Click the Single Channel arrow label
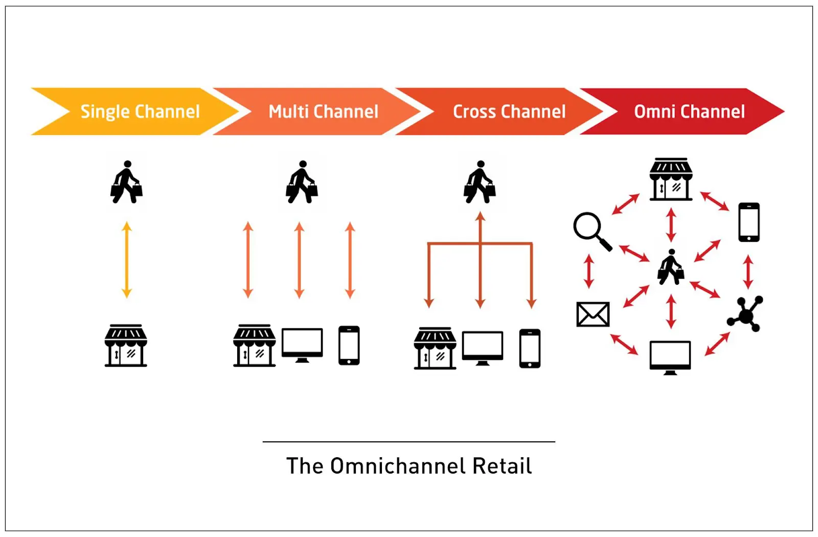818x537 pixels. pyautogui.click(x=140, y=111)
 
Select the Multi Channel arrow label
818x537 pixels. pyautogui.click(x=323, y=111)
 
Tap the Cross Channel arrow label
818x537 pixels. pyautogui.click(x=509, y=111)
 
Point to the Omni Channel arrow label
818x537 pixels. pyautogui.click(x=689, y=111)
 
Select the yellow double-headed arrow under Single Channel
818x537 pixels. pyautogui.click(x=127, y=260)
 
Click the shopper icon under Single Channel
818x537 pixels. pyautogui.click(x=126, y=182)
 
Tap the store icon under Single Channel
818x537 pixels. pyautogui.click(x=126, y=345)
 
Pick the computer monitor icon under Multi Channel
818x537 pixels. pyautogui.click(x=302, y=345)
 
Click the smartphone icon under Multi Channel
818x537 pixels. pyautogui.click(x=349, y=345)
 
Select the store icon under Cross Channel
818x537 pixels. pyautogui.click(x=435, y=348)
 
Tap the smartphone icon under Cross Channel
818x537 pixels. pyautogui.click(x=530, y=348)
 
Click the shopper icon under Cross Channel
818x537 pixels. pyautogui.click(x=480, y=182)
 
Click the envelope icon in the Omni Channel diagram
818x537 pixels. pyautogui.click(x=593, y=314)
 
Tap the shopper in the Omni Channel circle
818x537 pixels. pyautogui.click(x=671, y=267)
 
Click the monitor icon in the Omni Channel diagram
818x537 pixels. pyautogui.click(x=670, y=357)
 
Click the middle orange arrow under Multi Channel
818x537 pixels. pyautogui.click(x=300, y=260)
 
